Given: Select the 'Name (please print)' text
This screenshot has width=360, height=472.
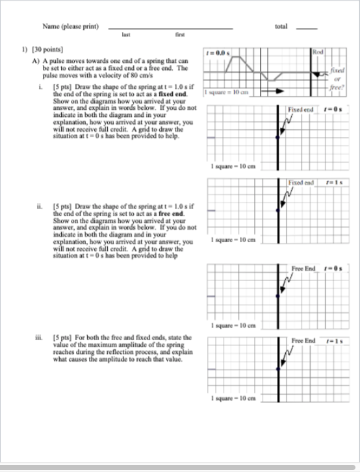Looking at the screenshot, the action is (70, 27).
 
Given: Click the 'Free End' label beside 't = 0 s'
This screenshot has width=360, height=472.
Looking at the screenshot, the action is (303, 267).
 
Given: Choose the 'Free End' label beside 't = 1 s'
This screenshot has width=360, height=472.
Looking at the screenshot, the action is (303, 340).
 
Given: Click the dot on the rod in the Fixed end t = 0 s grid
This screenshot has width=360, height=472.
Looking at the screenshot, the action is (278, 138).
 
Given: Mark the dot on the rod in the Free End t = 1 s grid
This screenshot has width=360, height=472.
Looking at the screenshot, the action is (278, 369).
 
